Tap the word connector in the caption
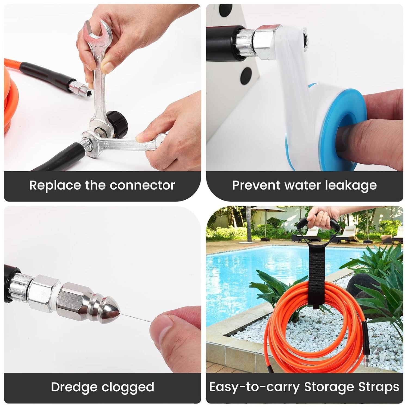[x=142, y=186]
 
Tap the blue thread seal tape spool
[x=326, y=128]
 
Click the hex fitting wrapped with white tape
[x=265, y=39]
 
